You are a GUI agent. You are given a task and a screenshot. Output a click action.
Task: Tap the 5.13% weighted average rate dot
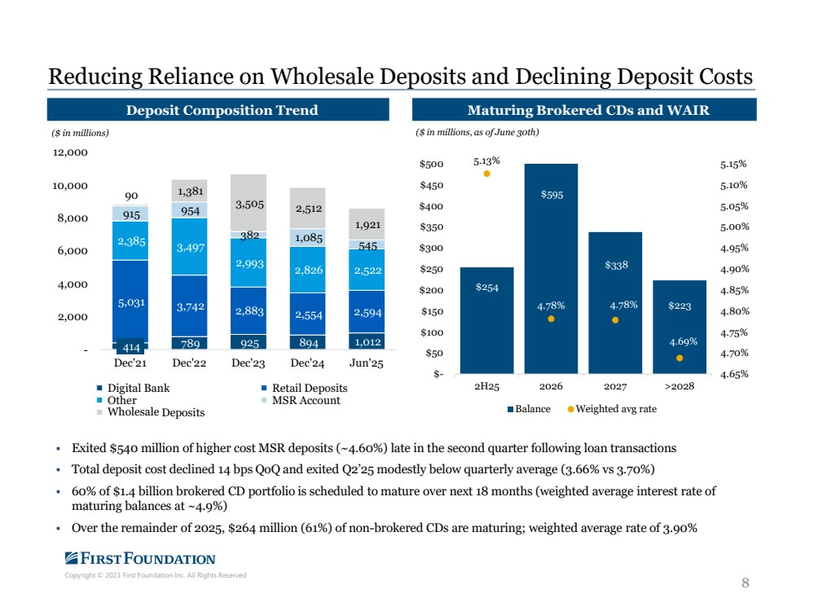pos(487,173)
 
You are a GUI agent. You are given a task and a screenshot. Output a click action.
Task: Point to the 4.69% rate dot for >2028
pos(680,358)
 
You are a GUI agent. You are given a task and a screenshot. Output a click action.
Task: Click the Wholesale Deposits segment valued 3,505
pos(249,203)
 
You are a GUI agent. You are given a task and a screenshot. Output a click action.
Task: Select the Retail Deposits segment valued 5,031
pos(131,301)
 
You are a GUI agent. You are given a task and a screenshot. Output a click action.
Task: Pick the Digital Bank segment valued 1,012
pos(366,341)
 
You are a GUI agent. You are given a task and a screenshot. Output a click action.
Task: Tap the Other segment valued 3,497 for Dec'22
pos(190,246)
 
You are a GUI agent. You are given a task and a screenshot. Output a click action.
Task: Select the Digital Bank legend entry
pos(138,389)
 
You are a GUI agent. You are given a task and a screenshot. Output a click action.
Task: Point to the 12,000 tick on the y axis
pos(72,152)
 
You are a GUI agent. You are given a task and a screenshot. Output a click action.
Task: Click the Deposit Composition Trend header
pos(218,110)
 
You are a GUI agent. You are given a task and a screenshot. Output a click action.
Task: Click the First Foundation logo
pos(140,559)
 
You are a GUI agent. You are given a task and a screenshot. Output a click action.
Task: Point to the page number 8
pos(745,582)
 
